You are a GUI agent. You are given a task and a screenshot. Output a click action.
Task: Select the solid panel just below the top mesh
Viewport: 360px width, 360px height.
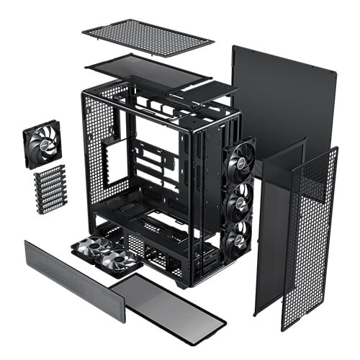(x=148, y=71)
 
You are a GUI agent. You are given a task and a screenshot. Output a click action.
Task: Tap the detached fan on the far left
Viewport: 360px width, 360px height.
(x=42, y=144)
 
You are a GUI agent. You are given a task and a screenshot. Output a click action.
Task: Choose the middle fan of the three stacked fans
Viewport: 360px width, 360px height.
(x=239, y=204)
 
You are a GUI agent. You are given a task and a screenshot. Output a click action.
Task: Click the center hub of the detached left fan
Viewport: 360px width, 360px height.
(x=41, y=144)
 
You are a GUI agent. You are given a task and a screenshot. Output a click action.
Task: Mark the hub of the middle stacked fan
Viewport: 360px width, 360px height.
(x=240, y=204)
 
